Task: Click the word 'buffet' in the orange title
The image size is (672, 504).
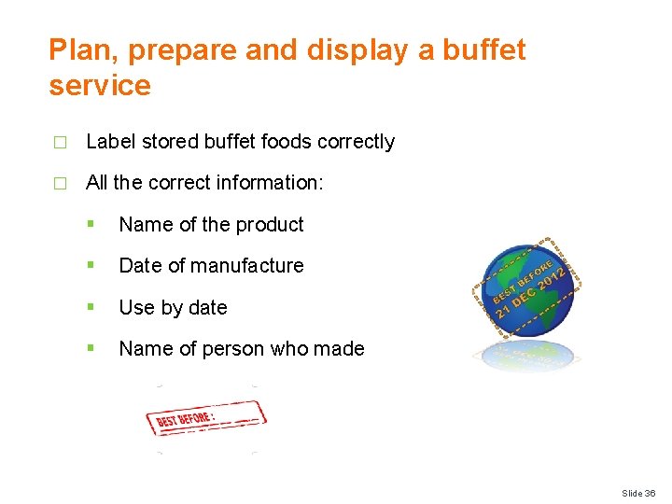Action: [x=485, y=49]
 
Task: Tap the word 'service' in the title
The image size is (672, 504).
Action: [x=99, y=86]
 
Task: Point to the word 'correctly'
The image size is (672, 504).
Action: [x=356, y=142]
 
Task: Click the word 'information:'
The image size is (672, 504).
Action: [x=272, y=183]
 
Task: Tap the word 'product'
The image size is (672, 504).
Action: [x=270, y=225]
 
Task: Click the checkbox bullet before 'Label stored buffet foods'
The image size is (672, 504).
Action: [x=60, y=143]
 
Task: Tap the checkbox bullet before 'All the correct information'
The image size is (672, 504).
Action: [x=60, y=184]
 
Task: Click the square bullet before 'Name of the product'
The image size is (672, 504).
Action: [x=91, y=224]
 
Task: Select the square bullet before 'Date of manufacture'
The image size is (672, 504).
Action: [x=91, y=265]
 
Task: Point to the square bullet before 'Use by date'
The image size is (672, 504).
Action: [x=91, y=307]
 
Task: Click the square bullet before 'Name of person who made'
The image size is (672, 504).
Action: [x=91, y=348]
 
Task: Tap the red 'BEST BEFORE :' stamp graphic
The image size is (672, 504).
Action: [x=205, y=417]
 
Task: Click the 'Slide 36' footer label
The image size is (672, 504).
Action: [x=639, y=493]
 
